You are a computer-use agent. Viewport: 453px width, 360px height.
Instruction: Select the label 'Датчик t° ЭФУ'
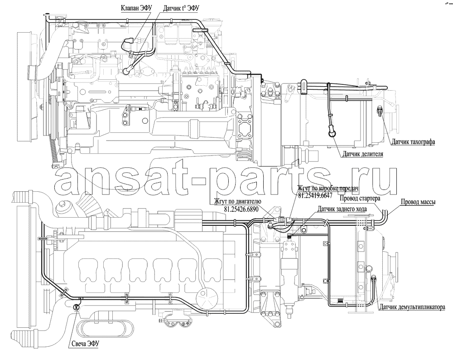[x=181, y=8]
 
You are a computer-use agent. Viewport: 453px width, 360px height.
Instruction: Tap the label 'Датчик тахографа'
[x=413, y=142]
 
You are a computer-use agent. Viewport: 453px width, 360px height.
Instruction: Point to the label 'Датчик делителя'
[x=363, y=154]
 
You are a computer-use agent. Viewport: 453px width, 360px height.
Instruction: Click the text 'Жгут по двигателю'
[x=237, y=201]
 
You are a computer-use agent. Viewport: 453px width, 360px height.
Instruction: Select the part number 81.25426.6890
[x=241, y=209]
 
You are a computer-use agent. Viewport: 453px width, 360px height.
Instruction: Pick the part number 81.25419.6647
[x=315, y=195]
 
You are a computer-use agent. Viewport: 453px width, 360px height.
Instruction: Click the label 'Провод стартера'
[x=360, y=198]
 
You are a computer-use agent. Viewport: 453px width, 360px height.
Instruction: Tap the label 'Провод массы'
[x=418, y=202]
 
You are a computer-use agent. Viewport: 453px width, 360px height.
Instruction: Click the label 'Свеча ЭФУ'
[x=84, y=343]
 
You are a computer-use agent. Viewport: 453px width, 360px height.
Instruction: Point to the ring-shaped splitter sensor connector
[x=332, y=133]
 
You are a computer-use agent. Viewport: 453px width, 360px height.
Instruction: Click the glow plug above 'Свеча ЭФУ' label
[x=76, y=307]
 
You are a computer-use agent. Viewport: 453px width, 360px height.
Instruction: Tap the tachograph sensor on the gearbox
[x=380, y=111]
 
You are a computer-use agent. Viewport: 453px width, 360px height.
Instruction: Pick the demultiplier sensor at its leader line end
[x=373, y=278]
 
